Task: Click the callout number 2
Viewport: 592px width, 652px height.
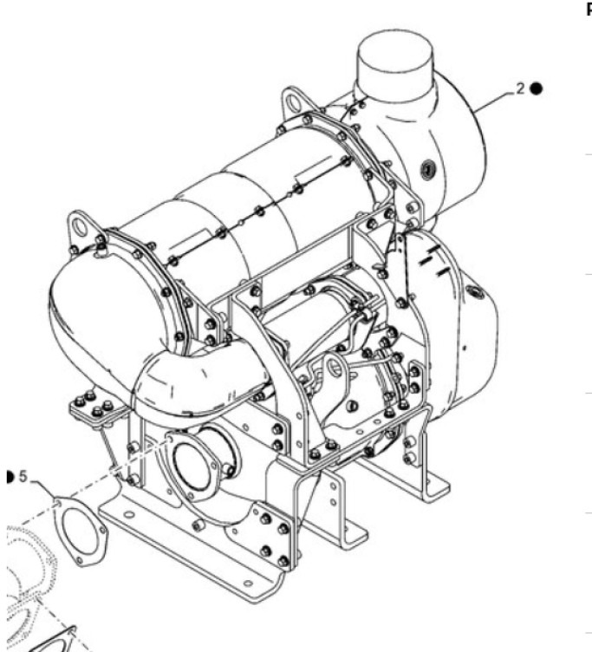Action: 521,88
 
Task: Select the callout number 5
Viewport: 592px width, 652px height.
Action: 23,476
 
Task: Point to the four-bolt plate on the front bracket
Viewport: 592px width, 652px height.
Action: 275,534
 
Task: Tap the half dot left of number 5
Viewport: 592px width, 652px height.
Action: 9,476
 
